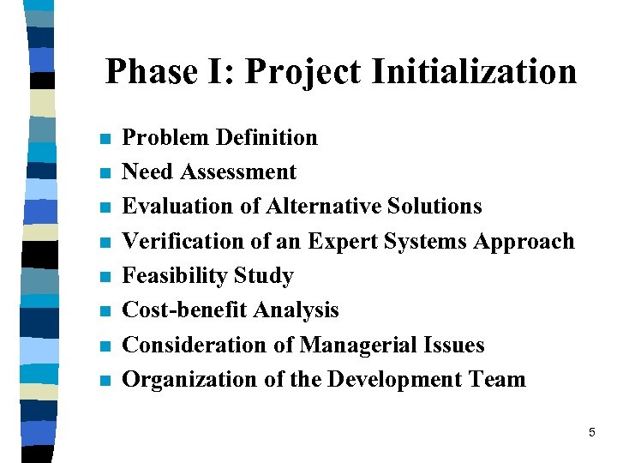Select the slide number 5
(591, 433)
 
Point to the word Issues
(454, 345)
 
